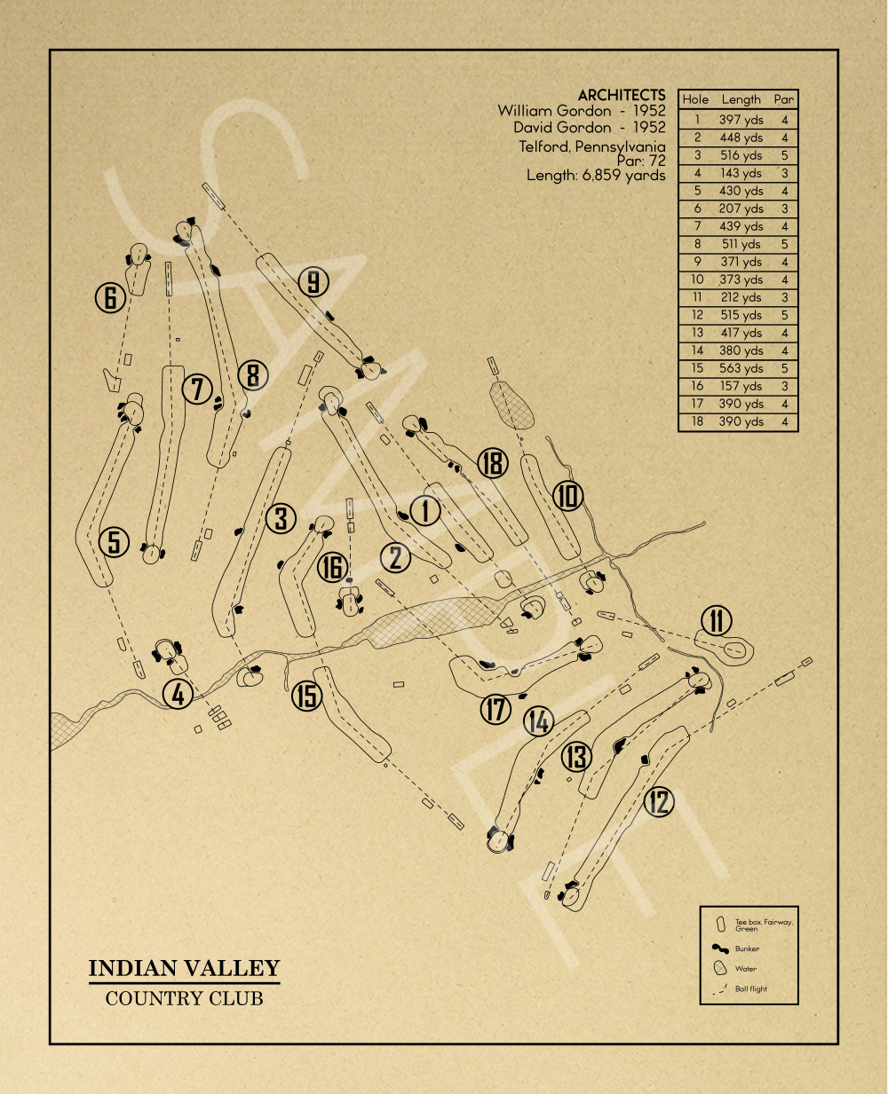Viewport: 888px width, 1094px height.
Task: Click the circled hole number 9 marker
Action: click(x=313, y=282)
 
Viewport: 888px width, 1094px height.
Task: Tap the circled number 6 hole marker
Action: click(x=110, y=297)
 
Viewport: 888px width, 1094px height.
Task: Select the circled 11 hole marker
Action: click(x=717, y=621)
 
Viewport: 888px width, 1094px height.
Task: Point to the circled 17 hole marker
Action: click(x=496, y=709)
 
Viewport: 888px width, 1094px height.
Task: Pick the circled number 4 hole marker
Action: click(x=178, y=694)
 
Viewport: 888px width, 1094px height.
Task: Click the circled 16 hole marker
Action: click(x=333, y=567)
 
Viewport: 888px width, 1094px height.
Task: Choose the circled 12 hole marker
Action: click(x=658, y=802)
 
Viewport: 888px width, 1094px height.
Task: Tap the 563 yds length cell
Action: click(x=741, y=368)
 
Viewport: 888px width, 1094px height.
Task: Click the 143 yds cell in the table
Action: click(x=741, y=173)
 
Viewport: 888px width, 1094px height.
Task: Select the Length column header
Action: click(x=741, y=100)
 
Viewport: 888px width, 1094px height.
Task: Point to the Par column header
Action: click(x=783, y=100)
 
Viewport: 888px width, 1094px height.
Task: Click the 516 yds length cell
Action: click(x=741, y=155)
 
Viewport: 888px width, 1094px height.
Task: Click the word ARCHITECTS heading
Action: click(x=621, y=95)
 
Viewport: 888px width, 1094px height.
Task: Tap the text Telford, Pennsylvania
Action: click(x=591, y=146)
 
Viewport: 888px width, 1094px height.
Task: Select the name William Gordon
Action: click(x=554, y=111)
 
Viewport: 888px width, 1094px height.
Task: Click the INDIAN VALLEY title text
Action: click(x=184, y=968)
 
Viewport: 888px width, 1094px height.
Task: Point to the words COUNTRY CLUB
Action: click(x=184, y=998)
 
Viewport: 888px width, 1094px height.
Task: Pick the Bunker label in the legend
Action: click(x=747, y=948)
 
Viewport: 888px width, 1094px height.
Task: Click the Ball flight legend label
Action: click(x=750, y=988)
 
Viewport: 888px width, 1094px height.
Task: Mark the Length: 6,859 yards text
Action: click(x=595, y=176)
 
